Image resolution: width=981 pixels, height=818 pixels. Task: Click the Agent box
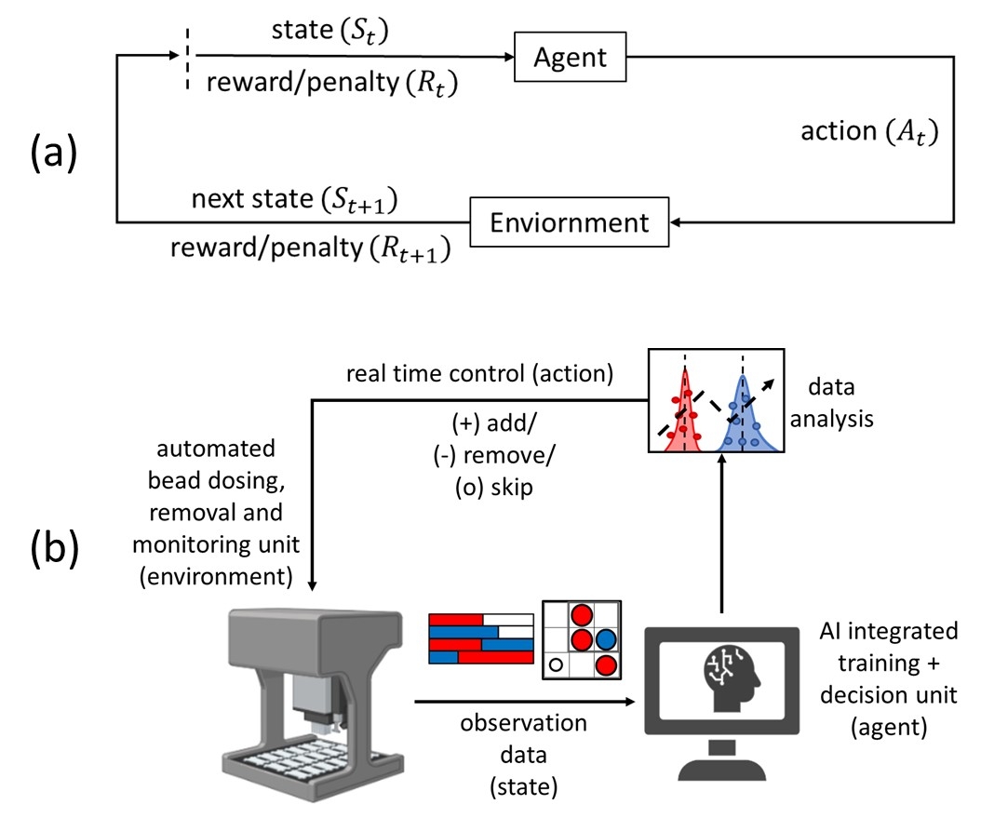(571, 58)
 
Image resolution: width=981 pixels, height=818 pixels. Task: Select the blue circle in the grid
(606, 639)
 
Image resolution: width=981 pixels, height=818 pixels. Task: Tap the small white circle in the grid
(556, 664)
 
